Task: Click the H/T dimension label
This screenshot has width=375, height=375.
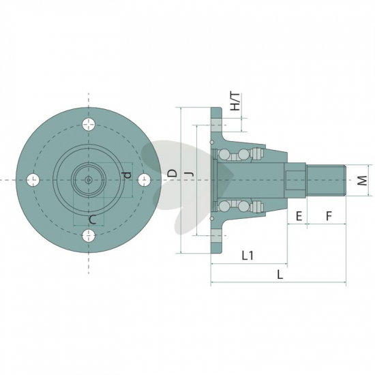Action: pyautogui.click(x=235, y=102)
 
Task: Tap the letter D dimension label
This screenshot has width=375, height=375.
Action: pyautogui.click(x=172, y=173)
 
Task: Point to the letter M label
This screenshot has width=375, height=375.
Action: pyautogui.click(x=363, y=180)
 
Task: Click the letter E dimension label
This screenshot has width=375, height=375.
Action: pyautogui.click(x=299, y=216)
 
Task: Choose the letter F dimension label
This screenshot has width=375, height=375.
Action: pyautogui.click(x=329, y=216)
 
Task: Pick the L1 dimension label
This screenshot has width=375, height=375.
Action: pyautogui.click(x=247, y=256)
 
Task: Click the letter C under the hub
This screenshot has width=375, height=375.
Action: pyautogui.click(x=92, y=220)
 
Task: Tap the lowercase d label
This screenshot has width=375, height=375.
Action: pyautogui.click(x=127, y=175)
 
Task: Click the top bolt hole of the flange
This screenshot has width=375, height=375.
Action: pyautogui.click(x=89, y=124)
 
